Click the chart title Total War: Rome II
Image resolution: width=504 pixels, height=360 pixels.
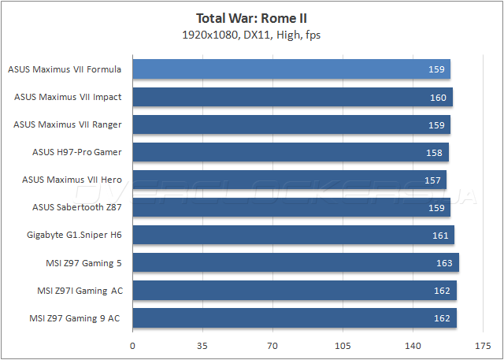point(251,17)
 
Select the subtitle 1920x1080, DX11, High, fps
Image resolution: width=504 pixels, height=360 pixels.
point(251,34)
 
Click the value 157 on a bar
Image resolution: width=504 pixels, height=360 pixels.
point(432,180)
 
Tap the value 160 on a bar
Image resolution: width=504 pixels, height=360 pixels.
point(438,98)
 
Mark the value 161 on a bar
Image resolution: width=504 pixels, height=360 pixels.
point(440,236)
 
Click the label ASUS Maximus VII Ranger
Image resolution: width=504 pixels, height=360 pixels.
point(68,124)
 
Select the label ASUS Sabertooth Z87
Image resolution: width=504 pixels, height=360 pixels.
point(77,207)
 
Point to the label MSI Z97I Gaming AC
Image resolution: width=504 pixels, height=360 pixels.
point(80,290)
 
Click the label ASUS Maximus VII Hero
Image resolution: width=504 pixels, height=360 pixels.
point(72,180)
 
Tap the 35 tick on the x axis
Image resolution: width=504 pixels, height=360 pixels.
point(202,345)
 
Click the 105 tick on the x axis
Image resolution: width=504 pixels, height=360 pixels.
point(343,345)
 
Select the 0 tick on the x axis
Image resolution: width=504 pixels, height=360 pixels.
point(132,345)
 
